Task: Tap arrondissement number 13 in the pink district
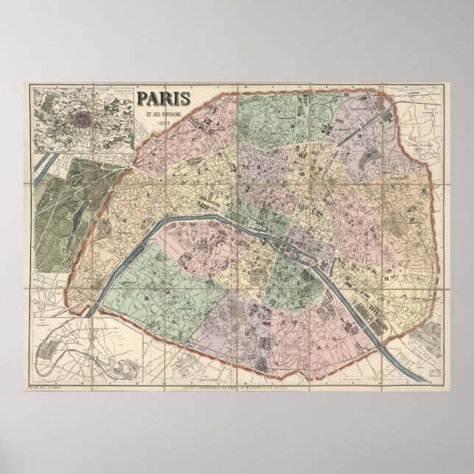pos(318,346)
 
